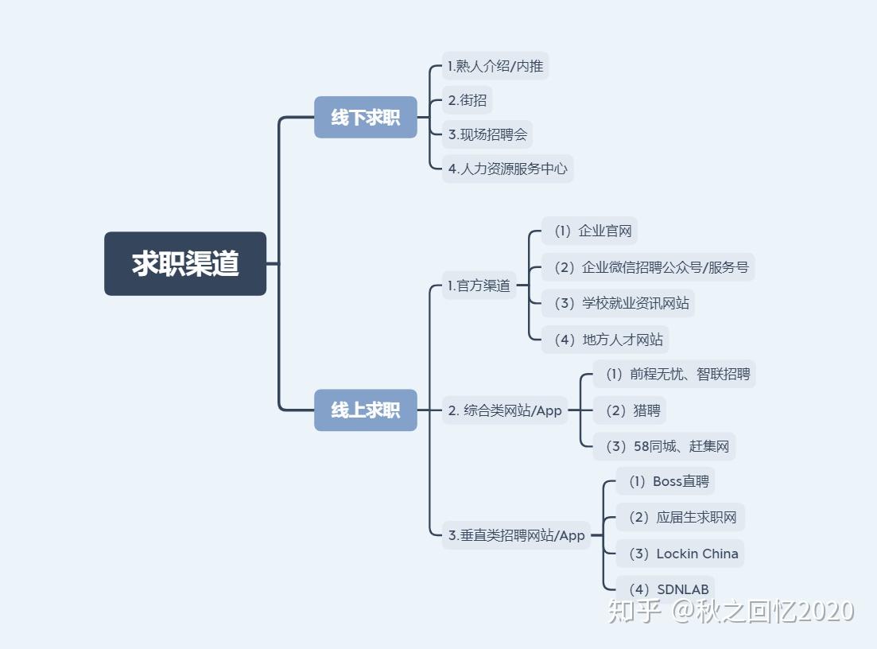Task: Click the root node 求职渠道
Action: [185, 264]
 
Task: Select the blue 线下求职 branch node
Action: [365, 118]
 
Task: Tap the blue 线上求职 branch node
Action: [365, 410]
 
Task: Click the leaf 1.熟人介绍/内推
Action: [495, 66]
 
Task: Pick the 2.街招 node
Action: [467, 100]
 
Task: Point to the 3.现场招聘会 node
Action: [487, 134]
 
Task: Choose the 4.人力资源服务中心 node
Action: [507, 169]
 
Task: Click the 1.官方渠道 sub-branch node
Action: [479, 286]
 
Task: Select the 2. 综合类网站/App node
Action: [505, 410]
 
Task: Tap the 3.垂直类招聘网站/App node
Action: [516, 535]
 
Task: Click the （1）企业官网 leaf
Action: [589, 231]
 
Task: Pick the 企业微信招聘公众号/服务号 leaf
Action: [648, 267]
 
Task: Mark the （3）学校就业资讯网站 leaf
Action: [618, 303]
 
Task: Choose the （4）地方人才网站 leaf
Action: [605, 340]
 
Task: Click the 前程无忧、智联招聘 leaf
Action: [674, 374]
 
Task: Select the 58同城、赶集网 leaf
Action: [664, 446]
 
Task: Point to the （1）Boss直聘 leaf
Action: [666, 481]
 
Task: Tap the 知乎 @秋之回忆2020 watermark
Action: [731, 611]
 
